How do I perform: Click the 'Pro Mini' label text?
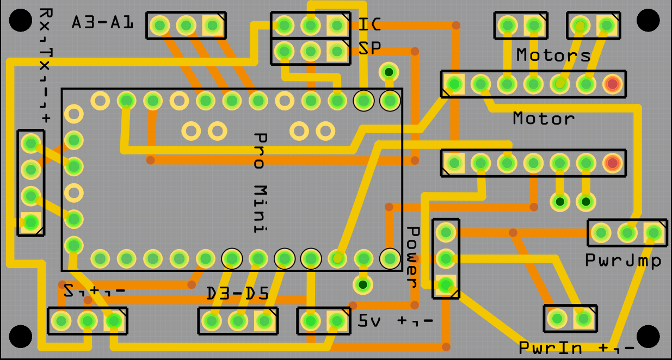(x=262, y=183)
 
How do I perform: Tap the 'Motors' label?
(x=553, y=55)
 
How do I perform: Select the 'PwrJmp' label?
(x=624, y=261)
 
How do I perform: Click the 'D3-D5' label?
(x=237, y=294)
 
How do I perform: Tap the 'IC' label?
(x=370, y=24)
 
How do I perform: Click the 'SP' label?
(x=370, y=49)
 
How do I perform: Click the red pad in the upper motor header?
(x=612, y=84)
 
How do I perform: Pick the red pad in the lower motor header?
(x=612, y=162)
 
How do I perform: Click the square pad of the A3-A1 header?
(x=212, y=25)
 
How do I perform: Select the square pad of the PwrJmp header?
(x=653, y=233)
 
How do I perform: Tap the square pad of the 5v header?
(x=337, y=321)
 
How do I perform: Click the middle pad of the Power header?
(x=446, y=258)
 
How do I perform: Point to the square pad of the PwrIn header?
(x=583, y=319)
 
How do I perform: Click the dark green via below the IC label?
(x=389, y=72)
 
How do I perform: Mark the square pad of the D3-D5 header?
(x=264, y=321)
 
